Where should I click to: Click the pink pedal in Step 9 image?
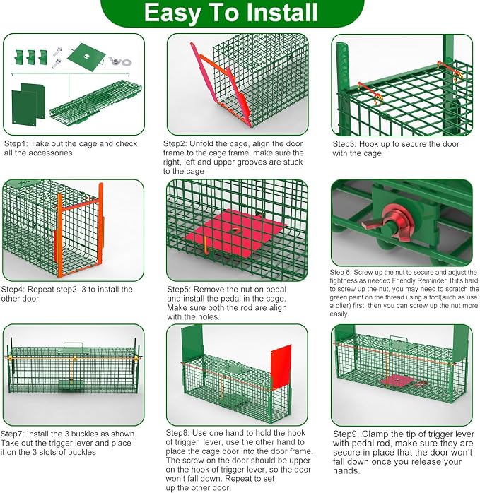coord(397,381)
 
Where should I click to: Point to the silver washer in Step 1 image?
coord(127,62)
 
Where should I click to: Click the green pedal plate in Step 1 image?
coord(86,57)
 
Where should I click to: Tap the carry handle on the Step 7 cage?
coord(73,347)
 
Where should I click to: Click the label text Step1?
coord(16,143)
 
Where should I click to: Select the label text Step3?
coord(345,144)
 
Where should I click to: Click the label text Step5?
coord(179,290)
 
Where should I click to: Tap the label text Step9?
coord(346,434)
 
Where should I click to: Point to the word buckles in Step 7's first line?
coord(86,434)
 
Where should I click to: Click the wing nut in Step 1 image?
coord(115,60)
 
